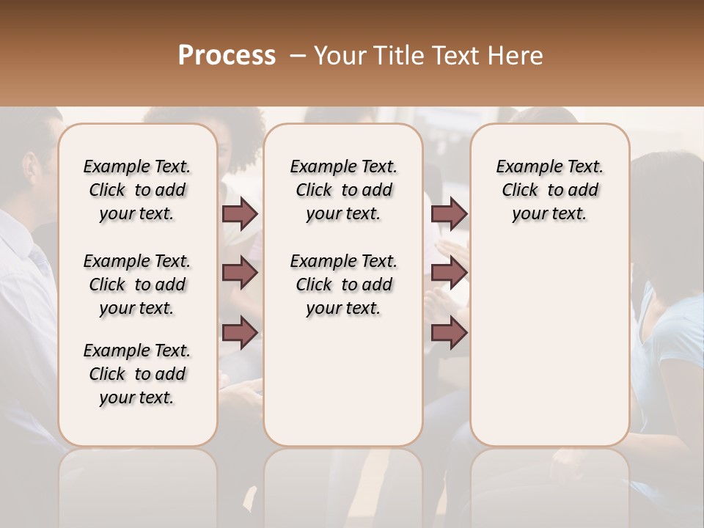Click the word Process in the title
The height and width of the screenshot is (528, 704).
(x=227, y=56)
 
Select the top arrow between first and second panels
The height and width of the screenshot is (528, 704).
(x=240, y=214)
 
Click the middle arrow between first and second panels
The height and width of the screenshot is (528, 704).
(x=240, y=274)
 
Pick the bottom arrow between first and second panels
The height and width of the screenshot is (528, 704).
(x=240, y=333)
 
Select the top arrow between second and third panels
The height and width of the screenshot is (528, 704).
(x=449, y=214)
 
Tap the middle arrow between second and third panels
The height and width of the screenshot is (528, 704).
(x=449, y=274)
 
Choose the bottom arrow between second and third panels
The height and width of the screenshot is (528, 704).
(x=449, y=333)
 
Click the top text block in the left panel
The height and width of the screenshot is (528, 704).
(x=137, y=190)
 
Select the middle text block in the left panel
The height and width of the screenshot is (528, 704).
(x=137, y=285)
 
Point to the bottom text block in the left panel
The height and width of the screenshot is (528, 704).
(x=137, y=374)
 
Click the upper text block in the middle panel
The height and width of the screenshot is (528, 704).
(x=343, y=190)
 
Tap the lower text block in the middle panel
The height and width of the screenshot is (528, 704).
(x=343, y=285)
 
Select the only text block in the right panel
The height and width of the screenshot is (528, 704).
(x=549, y=190)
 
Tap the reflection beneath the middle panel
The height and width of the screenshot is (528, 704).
(x=343, y=484)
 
